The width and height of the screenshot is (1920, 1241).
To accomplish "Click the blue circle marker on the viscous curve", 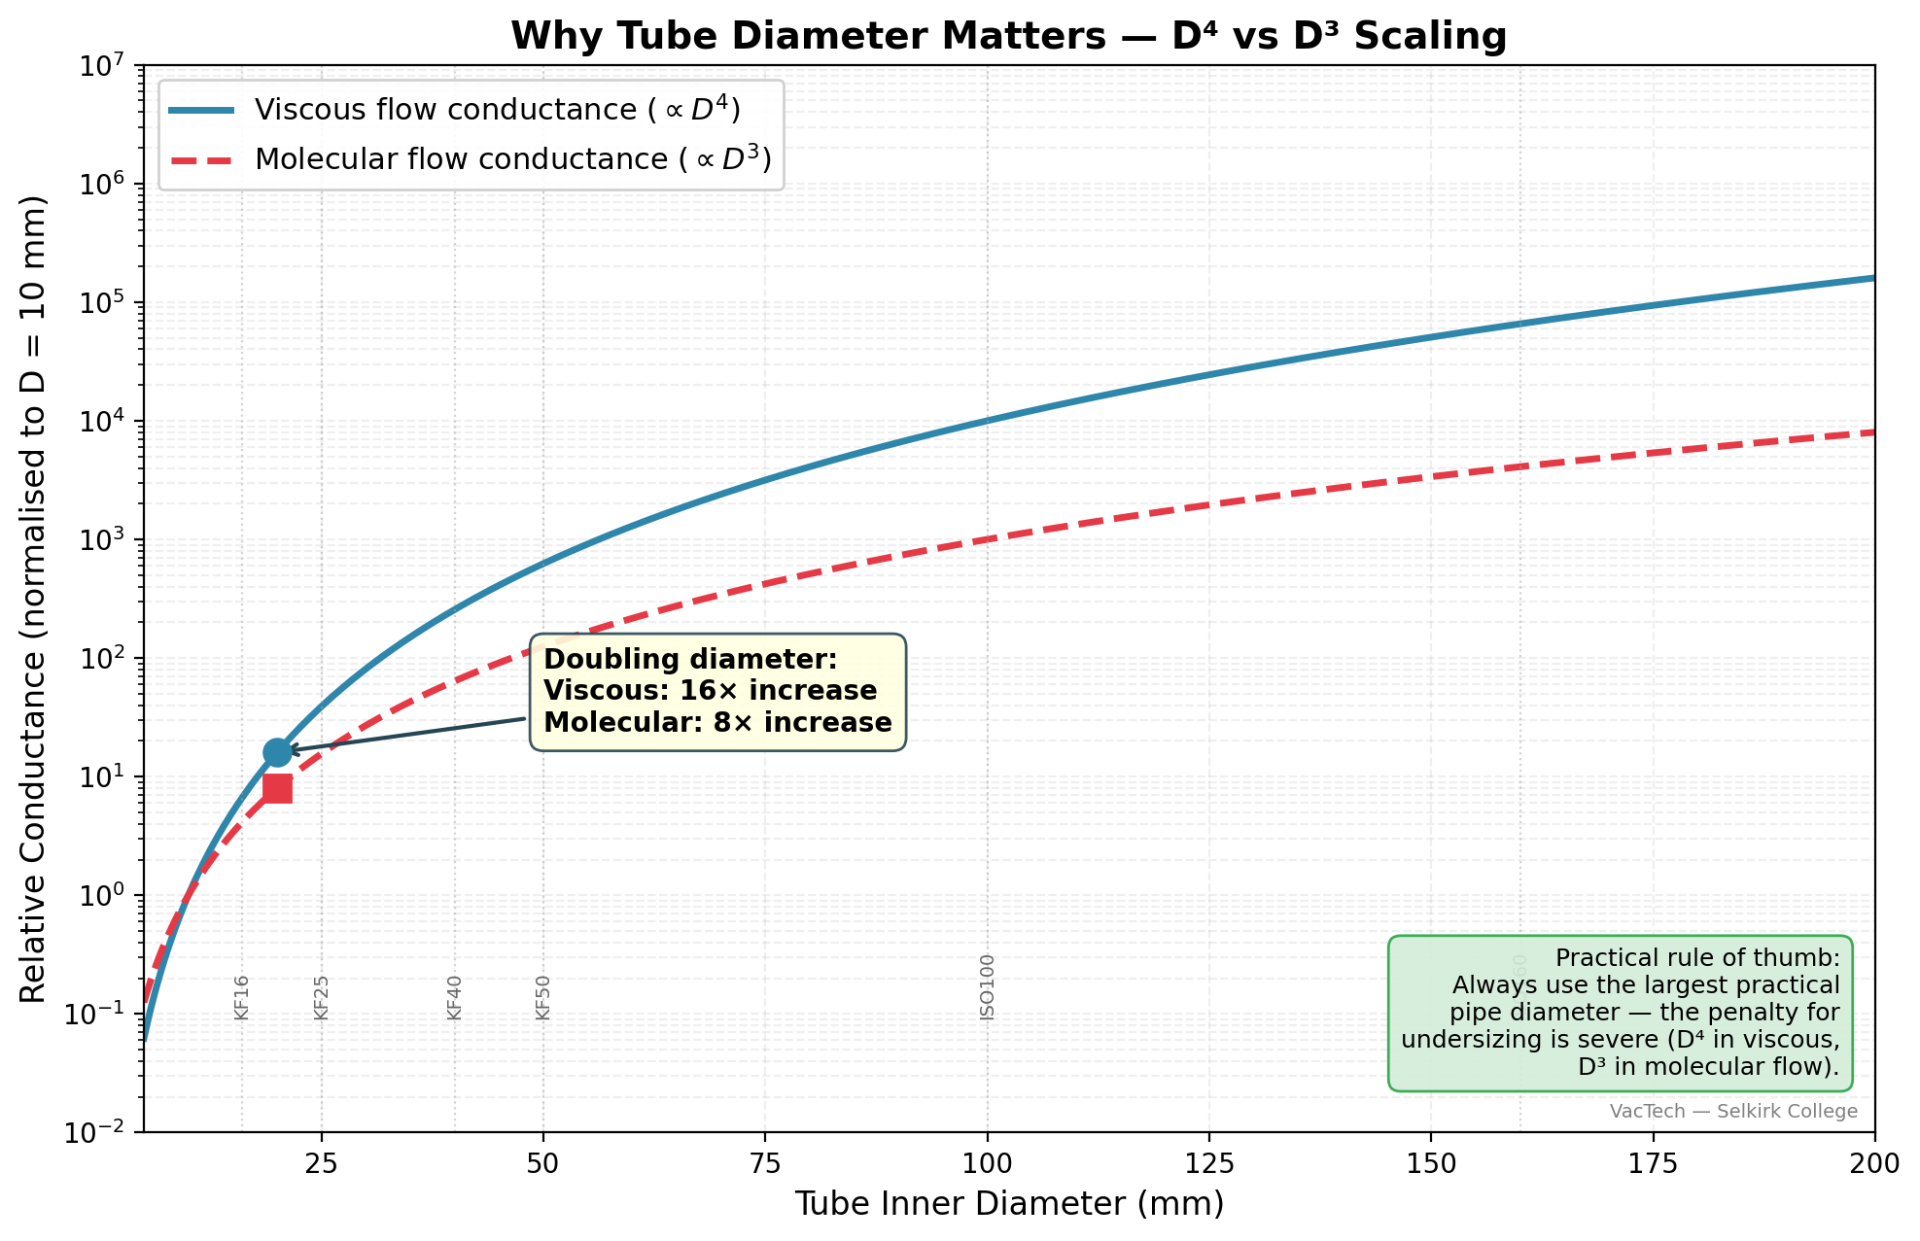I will (277, 751).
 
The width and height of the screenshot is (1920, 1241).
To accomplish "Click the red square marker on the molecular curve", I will (277, 788).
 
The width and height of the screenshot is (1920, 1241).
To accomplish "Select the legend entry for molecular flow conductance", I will (512, 158).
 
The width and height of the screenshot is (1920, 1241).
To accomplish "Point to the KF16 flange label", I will (242, 998).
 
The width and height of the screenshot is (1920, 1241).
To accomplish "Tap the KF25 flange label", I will (322, 998).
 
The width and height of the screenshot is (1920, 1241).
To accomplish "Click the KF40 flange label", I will (454, 998).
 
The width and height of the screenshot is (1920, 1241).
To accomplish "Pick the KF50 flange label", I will (543, 998).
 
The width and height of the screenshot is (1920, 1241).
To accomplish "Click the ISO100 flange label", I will (988, 987).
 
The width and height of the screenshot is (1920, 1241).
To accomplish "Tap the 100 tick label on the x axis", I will (987, 1164).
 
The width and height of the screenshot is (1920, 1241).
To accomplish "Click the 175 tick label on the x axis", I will (1653, 1164).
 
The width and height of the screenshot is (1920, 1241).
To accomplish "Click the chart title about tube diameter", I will (1008, 37).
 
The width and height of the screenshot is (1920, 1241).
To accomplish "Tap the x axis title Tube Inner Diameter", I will (1008, 1204).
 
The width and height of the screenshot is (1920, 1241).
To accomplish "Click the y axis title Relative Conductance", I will (34, 599).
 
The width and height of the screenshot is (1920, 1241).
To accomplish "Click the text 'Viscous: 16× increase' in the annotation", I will (710, 691).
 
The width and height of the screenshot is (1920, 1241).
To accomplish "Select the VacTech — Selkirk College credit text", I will (1732, 1112).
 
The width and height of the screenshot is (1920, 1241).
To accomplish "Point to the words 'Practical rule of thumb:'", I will (1696, 957).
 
